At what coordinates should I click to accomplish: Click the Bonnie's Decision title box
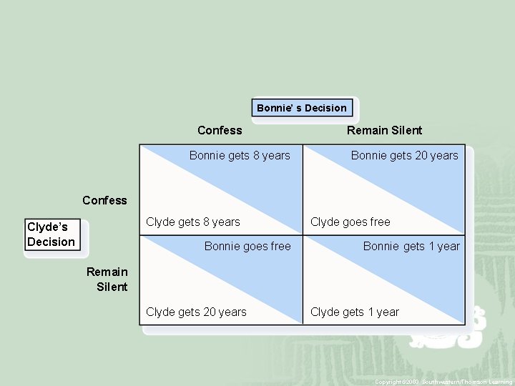pos(302,108)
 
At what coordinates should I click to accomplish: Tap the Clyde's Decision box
pos(51,234)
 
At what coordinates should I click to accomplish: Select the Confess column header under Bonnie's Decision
pos(220,130)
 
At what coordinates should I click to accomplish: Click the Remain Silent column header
pos(384,130)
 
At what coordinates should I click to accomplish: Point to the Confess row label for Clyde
pos(104,200)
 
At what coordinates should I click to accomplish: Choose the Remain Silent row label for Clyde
pos(107,279)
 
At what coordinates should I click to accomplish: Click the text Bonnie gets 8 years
pos(240,155)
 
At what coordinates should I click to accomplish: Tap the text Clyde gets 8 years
pos(193,222)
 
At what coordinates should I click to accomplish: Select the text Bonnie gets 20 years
pos(404,155)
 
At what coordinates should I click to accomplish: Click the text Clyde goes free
pos(350,222)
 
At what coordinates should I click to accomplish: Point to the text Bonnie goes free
pos(247,246)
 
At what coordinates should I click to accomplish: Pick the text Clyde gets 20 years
pos(196,312)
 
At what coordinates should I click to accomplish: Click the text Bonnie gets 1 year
pos(411,246)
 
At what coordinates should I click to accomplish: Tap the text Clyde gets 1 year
pos(355,312)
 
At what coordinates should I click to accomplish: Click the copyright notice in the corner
pos(443,382)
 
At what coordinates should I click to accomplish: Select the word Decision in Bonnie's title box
pos(325,108)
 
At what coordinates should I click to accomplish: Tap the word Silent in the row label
pos(112,287)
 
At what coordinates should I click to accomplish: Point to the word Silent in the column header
pos(405,130)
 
